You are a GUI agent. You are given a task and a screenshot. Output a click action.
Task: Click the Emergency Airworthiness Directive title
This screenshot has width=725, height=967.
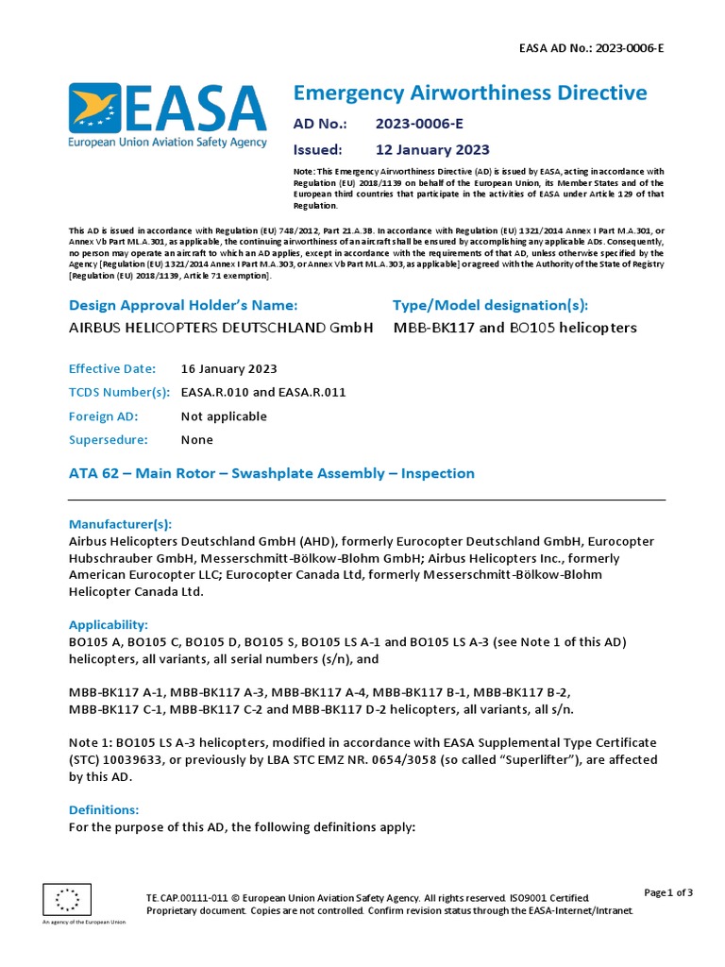[470, 93]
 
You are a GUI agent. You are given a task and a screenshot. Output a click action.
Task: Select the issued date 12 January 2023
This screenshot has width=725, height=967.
[432, 149]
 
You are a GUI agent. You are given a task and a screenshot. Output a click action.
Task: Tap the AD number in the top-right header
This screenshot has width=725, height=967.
[592, 46]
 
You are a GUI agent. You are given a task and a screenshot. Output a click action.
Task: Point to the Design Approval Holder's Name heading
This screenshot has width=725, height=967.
[183, 305]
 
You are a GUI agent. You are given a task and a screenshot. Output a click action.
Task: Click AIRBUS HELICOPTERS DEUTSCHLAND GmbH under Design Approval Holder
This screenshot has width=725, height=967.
[222, 328]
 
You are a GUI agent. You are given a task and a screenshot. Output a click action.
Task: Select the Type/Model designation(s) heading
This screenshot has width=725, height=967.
[490, 305]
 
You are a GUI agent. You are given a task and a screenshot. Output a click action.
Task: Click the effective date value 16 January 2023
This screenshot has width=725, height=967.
[228, 369]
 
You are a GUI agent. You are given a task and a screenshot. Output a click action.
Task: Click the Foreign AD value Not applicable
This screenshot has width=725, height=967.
[224, 416]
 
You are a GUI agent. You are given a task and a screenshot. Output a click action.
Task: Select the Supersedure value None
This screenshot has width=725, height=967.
[197, 440]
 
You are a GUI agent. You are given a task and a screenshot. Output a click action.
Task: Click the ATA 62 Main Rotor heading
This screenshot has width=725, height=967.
[272, 473]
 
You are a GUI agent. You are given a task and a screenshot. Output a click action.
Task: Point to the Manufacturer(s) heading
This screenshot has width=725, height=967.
[121, 524]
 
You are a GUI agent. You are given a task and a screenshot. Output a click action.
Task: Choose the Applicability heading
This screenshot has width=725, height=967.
[109, 625]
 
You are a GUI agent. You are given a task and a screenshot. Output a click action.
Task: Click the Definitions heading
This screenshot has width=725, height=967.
[104, 810]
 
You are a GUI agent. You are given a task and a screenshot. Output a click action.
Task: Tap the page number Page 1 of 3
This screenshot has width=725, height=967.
[668, 892]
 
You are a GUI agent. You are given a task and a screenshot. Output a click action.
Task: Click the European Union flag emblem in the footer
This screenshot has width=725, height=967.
[67, 900]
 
